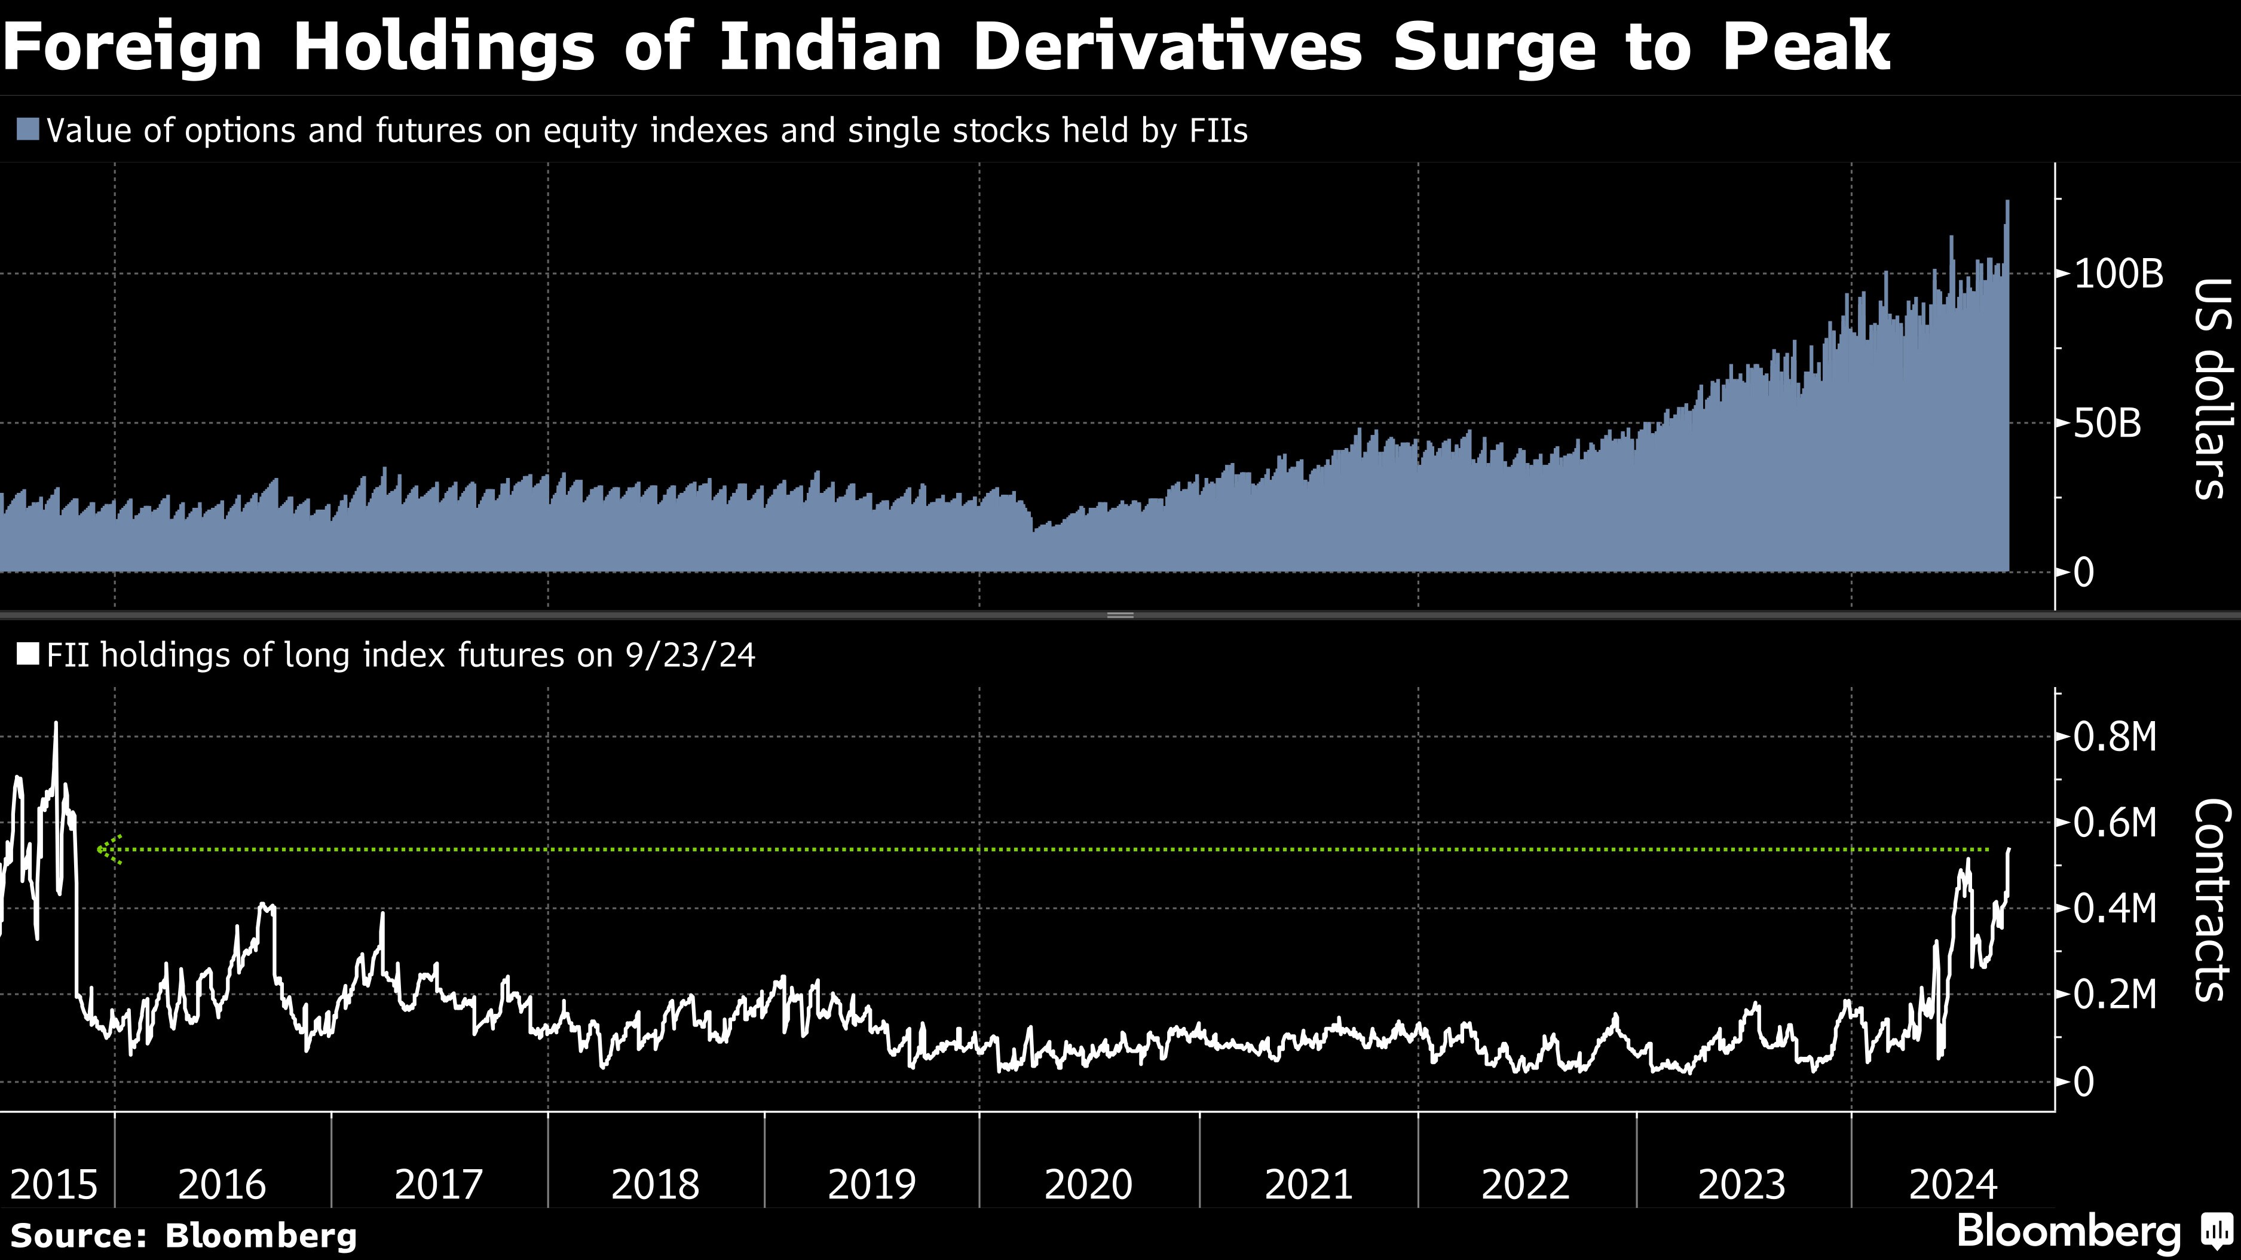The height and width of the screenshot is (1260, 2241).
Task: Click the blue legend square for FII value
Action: pyautogui.click(x=28, y=130)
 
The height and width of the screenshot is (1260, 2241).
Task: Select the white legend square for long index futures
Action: pyautogui.click(x=28, y=654)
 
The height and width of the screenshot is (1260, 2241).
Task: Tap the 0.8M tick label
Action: pyautogui.click(x=2115, y=737)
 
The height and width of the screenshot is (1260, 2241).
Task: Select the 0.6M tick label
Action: pyautogui.click(x=2115, y=821)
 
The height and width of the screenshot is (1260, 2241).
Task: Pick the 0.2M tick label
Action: pyautogui.click(x=2115, y=994)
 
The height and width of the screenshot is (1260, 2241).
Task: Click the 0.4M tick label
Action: pyautogui.click(x=2115, y=909)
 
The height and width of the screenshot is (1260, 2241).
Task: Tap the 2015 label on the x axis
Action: pyautogui.click(x=53, y=1184)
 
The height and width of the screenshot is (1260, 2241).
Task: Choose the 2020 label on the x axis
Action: pyautogui.click(x=1088, y=1184)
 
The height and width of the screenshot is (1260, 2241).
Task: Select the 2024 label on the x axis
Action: pyautogui.click(x=1952, y=1184)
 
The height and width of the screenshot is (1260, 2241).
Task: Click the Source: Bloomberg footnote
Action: pyautogui.click(x=183, y=1236)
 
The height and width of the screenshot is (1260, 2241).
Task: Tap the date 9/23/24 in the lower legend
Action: pyautogui.click(x=690, y=654)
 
